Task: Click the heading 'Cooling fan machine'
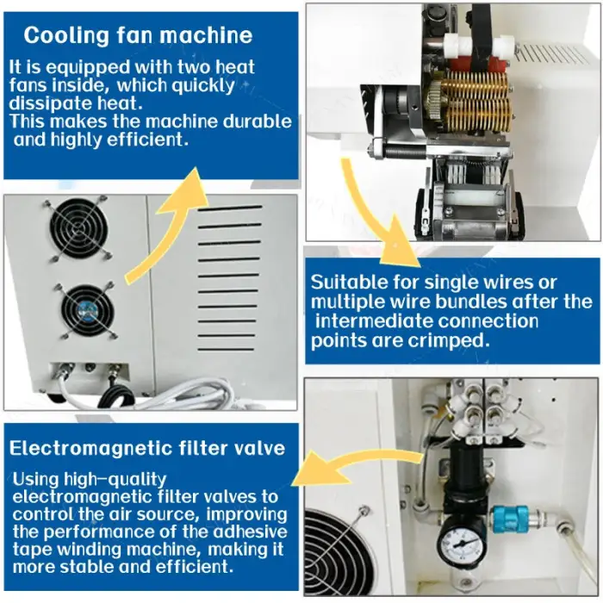coord(138,35)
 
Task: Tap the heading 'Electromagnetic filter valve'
coord(147,448)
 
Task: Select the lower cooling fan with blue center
coord(88,311)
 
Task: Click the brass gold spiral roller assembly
coord(477,101)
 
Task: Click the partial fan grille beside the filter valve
coord(339,554)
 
